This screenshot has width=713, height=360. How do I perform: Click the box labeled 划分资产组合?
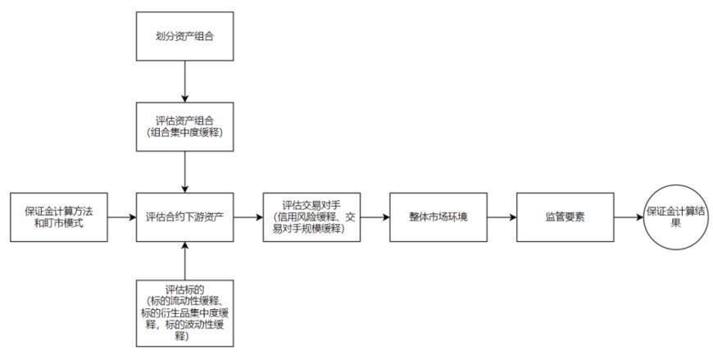pos(185,36)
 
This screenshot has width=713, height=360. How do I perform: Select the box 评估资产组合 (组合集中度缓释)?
pos(185,126)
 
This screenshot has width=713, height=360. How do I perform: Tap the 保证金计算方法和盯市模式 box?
pos(59,217)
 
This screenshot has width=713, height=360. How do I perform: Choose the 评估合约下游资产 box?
pos(185,217)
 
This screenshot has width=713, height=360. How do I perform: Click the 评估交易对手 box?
pos(312,217)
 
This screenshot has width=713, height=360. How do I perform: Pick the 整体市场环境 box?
pos(438,217)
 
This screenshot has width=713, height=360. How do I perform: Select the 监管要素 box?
pos(565,217)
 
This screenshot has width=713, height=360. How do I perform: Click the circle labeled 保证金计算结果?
pos(676,217)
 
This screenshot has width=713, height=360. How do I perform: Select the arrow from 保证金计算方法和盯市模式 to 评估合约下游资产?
pos(122,217)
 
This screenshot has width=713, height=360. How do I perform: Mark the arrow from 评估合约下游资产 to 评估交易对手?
pos(248,217)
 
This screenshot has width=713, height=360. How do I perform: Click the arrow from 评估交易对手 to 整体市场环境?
pos(375,217)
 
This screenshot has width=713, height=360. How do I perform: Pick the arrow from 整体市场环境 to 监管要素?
pos(502,217)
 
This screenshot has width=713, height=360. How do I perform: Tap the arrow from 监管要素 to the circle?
pos(629,217)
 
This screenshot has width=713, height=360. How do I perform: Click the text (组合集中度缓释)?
pos(185,132)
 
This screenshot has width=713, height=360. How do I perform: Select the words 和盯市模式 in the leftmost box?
pos(59,223)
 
